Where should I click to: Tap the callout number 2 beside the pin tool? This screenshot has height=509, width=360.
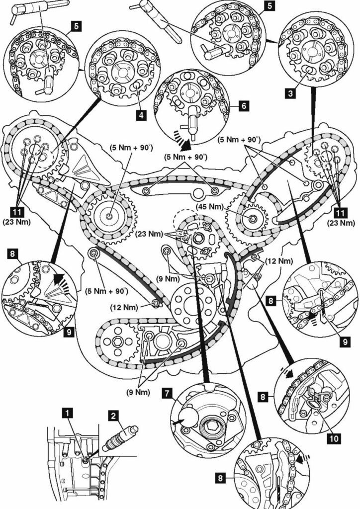[x=114, y=413]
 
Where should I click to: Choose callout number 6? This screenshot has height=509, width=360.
[x=243, y=106]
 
